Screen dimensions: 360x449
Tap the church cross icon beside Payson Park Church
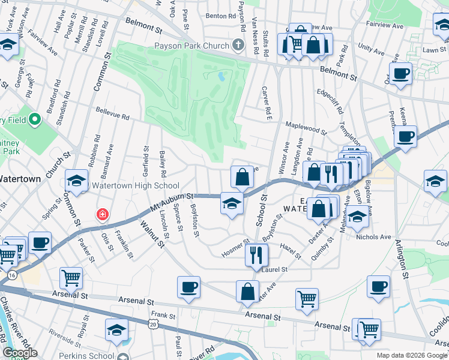pyautogui.click(x=238, y=46)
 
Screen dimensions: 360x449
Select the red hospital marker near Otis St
pyautogui.click(x=103, y=214)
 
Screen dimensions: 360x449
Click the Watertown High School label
pyautogui.click(x=135, y=185)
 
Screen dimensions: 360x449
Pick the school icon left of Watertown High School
pyautogui.click(x=77, y=180)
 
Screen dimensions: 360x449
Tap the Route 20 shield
pyautogui.click(x=154, y=324)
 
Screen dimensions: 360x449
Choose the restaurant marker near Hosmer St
pyautogui.click(x=256, y=255)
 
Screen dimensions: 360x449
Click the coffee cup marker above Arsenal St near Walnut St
pyautogui.click(x=189, y=287)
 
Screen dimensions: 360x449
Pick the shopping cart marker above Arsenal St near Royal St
pyautogui.click(x=71, y=278)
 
